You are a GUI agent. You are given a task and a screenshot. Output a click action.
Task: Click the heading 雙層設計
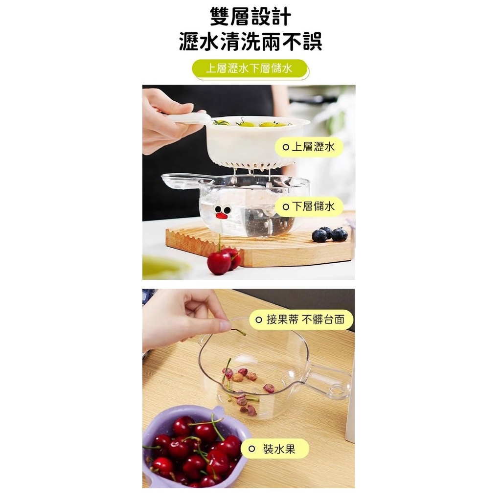tap(250, 16)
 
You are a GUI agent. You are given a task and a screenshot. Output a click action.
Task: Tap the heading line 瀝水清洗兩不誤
tap(250, 42)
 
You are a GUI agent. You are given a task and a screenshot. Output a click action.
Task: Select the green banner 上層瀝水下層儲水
tap(250, 68)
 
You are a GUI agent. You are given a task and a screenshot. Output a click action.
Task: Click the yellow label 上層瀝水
tap(309, 147)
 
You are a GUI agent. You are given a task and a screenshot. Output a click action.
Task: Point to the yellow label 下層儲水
tap(309, 206)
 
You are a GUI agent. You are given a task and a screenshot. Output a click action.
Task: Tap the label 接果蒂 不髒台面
tap(301, 319)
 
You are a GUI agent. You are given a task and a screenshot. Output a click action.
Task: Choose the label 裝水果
tap(275, 449)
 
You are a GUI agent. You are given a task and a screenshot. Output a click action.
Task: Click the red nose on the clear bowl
tap(222, 216)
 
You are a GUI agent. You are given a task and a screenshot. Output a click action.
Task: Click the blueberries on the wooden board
tap(330, 234)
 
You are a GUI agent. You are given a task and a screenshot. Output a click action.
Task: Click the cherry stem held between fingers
tap(238, 332)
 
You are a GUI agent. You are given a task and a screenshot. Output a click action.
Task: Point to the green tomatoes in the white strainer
tap(252, 122)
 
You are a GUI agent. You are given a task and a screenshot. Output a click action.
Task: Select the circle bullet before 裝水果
tap(252, 449)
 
